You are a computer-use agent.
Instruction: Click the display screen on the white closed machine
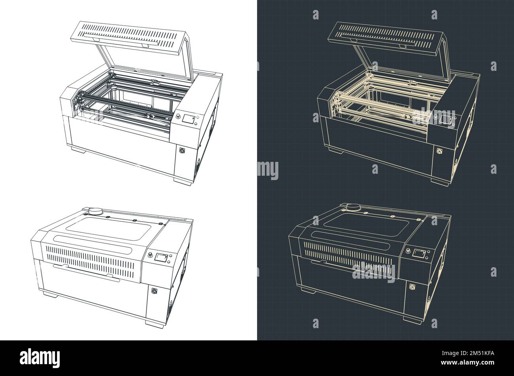coord(161,258)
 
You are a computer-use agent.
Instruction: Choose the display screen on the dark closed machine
coord(419,253)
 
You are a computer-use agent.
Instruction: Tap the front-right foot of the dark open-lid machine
coord(440,180)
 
